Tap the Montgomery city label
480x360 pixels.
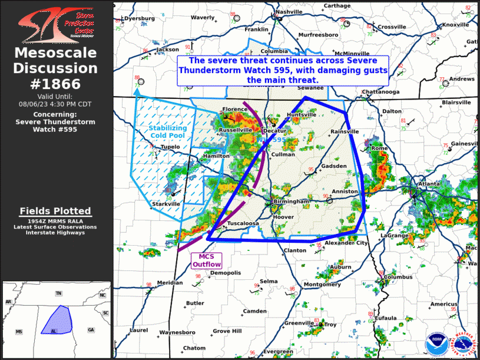[x=322, y=285]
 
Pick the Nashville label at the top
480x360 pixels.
[x=289, y=12]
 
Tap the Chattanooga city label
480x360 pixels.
[x=380, y=92]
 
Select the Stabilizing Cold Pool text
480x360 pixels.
[x=167, y=131]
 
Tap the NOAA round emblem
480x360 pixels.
[x=437, y=342]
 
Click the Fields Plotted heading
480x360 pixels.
[x=55, y=211]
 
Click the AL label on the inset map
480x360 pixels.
[x=54, y=331]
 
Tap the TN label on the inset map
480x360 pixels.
[x=58, y=293]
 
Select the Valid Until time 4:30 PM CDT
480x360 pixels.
[x=55, y=103]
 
